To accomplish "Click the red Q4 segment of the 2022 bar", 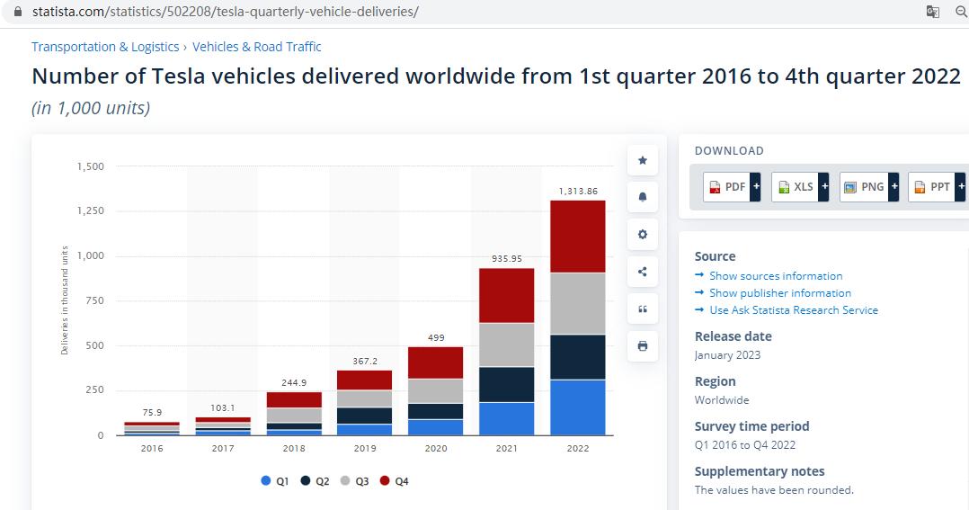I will [x=577, y=236].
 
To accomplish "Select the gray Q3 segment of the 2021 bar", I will [x=506, y=344].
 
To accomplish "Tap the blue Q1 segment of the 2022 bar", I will [x=577, y=407].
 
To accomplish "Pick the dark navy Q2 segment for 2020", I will [x=435, y=411].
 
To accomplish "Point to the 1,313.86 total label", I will [x=577, y=191].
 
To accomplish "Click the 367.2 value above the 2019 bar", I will [x=364, y=361].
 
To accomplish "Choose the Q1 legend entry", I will [x=275, y=481].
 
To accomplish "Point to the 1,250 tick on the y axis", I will [x=90, y=211].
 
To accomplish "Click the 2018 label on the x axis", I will [x=294, y=448].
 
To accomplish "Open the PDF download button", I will [x=732, y=187].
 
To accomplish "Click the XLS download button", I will [x=800, y=187].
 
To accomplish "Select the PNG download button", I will [x=868, y=187].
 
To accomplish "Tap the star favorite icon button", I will [x=642, y=160].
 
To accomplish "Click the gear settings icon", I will [x=642, y=235].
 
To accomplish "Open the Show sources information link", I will [x=775, y=276].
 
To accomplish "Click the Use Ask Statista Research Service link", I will [x=793, y=310].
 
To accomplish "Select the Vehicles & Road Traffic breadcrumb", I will [x=256, y=47].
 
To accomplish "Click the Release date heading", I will [x=733, y=336].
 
